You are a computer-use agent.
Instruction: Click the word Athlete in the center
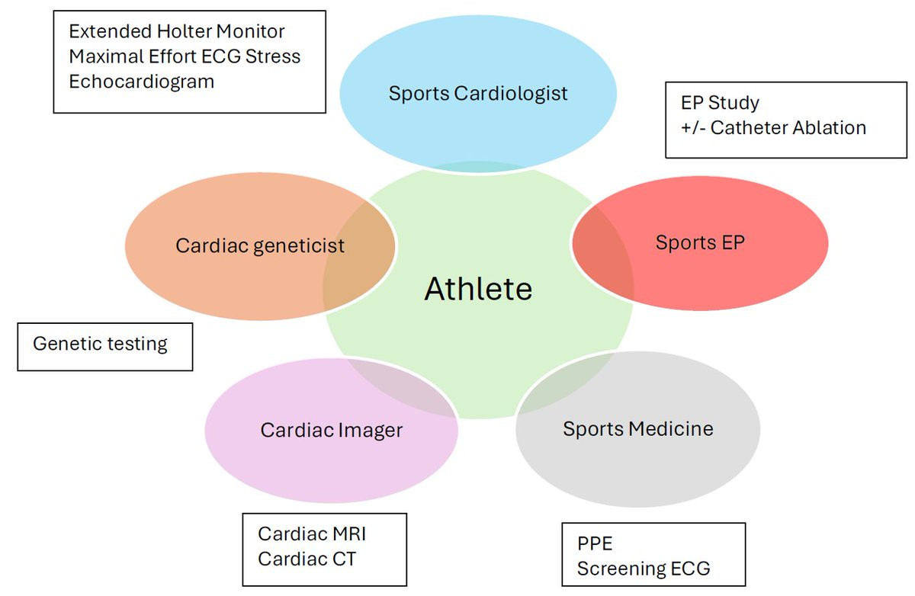pos(478,289)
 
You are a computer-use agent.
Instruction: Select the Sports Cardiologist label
pos(478,94)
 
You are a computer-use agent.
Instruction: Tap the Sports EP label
pos(699,242)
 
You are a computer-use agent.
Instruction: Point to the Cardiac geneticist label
pos(260,246)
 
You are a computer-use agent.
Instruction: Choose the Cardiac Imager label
pos(331,430)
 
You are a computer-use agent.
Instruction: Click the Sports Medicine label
pos(638,428)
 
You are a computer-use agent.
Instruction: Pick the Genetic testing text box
pos(100,344)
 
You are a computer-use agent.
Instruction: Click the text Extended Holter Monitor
pos(177,31)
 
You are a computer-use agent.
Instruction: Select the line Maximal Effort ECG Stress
pos(185,56)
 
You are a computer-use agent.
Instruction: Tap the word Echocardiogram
pos(141,82)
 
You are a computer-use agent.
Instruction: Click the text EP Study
pos(720,102)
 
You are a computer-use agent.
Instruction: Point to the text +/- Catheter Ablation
pos(773,127)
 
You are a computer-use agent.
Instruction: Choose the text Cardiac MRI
pos(312,534)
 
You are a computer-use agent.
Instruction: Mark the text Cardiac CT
pos(307,559)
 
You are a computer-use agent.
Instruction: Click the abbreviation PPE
pos(595,544)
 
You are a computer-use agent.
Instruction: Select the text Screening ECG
pos(644,569)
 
